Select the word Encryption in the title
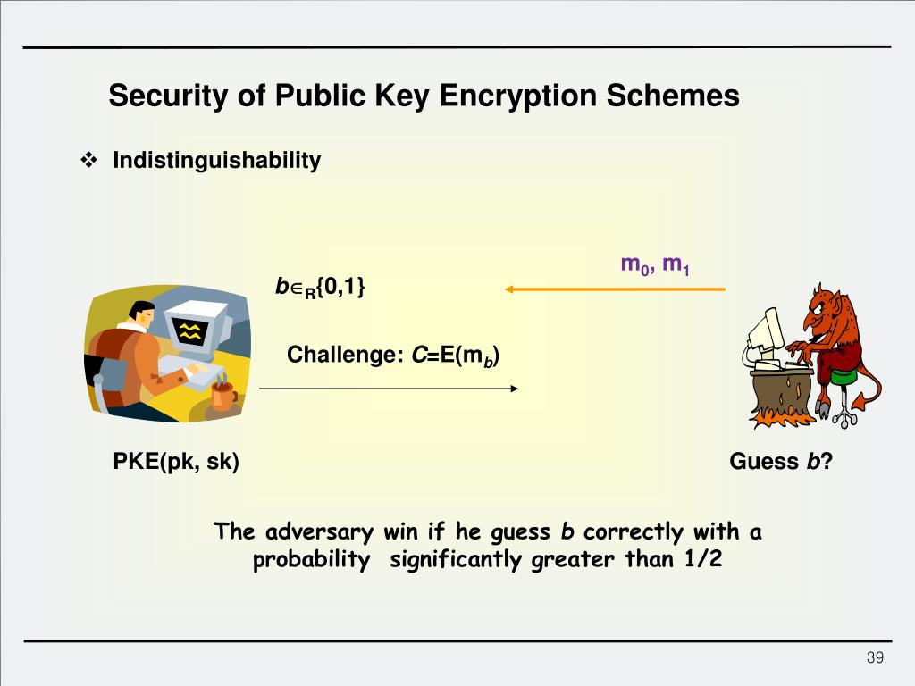(x=518, y=96)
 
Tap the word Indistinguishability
(x=216, y=161)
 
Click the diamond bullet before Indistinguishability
(x=89, y=161)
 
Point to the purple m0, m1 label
(x=654, y=264)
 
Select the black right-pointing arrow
(x=389, y=389)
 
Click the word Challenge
(x=340, y=355)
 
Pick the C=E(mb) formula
(x=455, y=356)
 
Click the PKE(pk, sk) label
(x=176, y=462)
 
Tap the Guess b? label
(x=781, y=462)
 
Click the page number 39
(x=875, y=658)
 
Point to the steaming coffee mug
(x=222, y=395)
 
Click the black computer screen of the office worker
(x=190, y=332)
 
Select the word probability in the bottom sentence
(x=312, y=560)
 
